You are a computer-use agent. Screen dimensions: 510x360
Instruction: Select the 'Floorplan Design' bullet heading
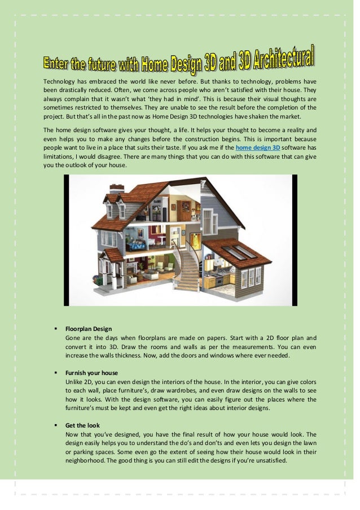[88, 329]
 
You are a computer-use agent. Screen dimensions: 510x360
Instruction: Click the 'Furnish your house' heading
[91, 373]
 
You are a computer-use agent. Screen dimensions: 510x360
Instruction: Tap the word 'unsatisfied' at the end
[270, 460]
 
